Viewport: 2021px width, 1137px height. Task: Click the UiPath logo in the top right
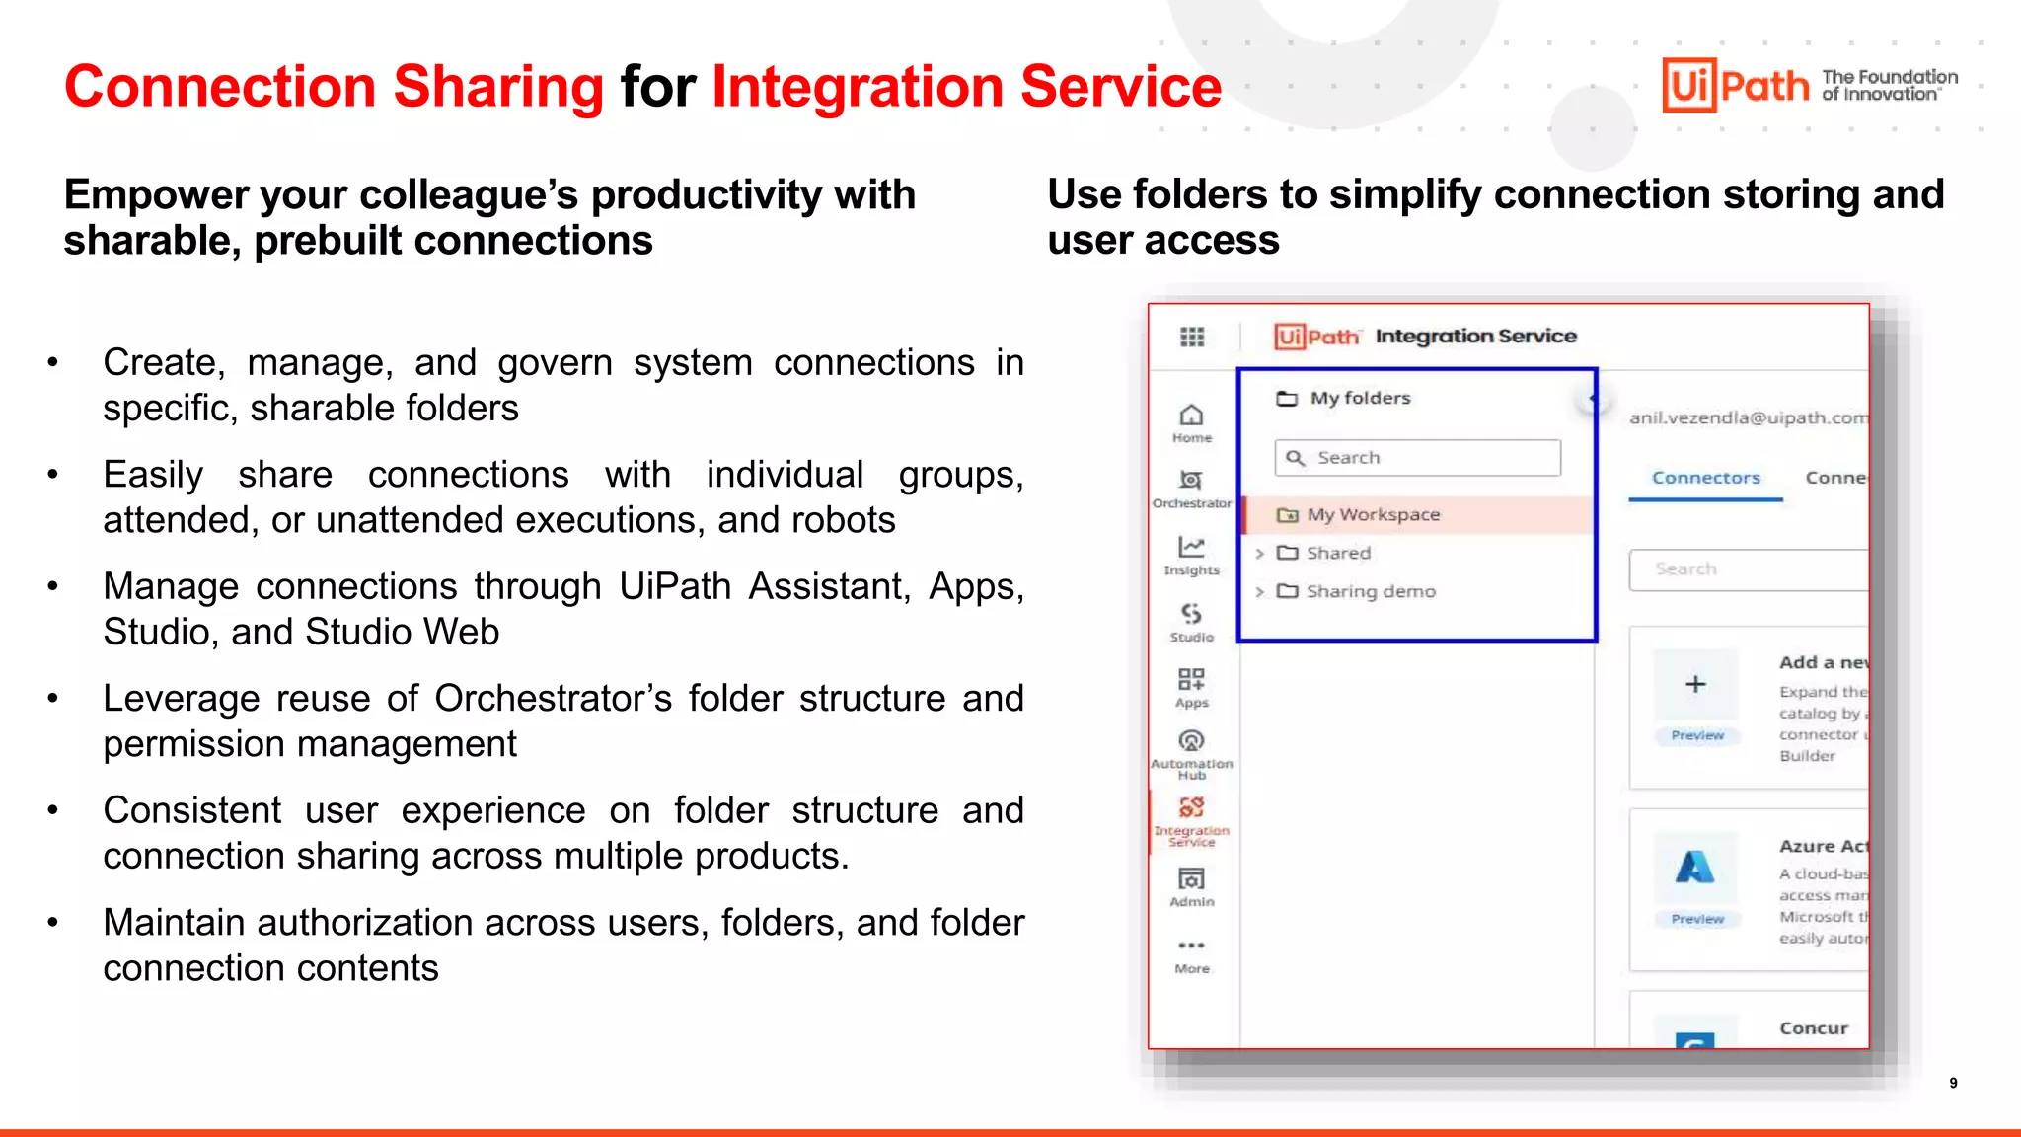[1737, 85]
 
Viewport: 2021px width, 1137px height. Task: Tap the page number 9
[1953, 1083]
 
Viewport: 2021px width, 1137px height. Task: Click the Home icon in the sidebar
[1192, 416]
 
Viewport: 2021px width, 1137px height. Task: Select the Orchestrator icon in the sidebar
[1191, 481]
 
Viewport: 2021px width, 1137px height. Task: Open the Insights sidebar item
[1191, 548]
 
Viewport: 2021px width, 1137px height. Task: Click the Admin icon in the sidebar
[1191, 879]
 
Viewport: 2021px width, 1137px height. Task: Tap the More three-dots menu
[1191, 946]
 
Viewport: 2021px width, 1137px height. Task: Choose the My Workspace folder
[1373, 515]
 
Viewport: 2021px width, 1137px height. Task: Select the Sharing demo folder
[1370, 591]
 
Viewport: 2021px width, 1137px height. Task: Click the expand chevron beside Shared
[1260, 554]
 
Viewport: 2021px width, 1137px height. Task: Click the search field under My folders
[1418, 458]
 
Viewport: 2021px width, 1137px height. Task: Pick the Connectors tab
[1705, 478]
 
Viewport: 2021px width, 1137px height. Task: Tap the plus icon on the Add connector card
[1695, 684]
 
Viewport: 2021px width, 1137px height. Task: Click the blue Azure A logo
[1694, 868]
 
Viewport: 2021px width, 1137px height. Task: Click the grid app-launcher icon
[1192, 338]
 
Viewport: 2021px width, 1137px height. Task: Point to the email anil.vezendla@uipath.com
[1748, 418]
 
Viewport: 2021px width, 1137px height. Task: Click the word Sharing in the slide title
[498, 86]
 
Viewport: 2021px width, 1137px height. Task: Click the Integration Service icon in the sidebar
[1191, 808]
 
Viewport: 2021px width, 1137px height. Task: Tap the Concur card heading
[1813, 1028]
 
